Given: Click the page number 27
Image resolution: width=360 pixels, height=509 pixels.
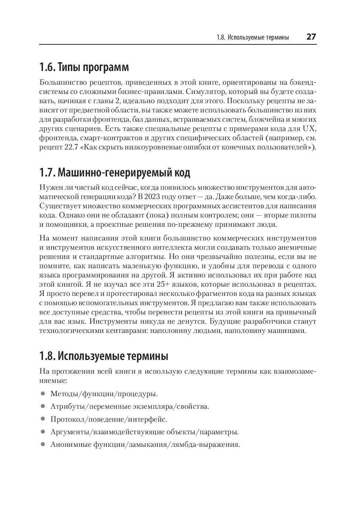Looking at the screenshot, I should [311, 37].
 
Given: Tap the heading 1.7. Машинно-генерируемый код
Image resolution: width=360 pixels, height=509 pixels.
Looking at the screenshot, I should [115, 173].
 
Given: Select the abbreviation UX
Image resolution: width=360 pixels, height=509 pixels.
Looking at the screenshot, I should [309, 129].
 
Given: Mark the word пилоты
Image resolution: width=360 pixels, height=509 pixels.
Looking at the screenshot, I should [303, 215].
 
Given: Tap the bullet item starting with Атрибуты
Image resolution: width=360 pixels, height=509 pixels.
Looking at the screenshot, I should [129, 407].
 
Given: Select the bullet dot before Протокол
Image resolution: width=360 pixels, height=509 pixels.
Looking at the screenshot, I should [43, 419].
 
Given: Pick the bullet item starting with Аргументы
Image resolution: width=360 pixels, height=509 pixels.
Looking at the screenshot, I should [144, 432].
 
